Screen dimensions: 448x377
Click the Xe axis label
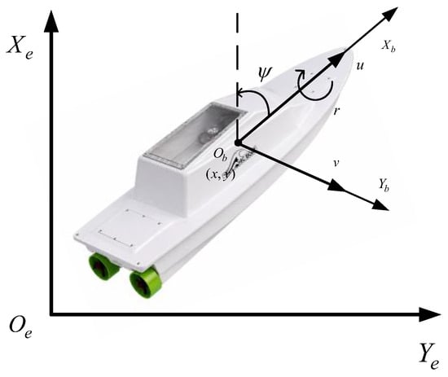tap(20, 48)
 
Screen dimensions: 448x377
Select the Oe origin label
tap(20, 327)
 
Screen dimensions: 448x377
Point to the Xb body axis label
tap(389, 46)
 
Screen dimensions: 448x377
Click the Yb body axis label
tap(384, 185)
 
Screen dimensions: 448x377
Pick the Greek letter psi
tap(265, 74)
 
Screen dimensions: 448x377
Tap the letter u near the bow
tap(360, 66)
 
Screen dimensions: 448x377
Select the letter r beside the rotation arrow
tap(336, 111)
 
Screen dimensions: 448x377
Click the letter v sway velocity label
tap(336, 163)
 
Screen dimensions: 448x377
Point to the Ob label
tap(221, 155)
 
